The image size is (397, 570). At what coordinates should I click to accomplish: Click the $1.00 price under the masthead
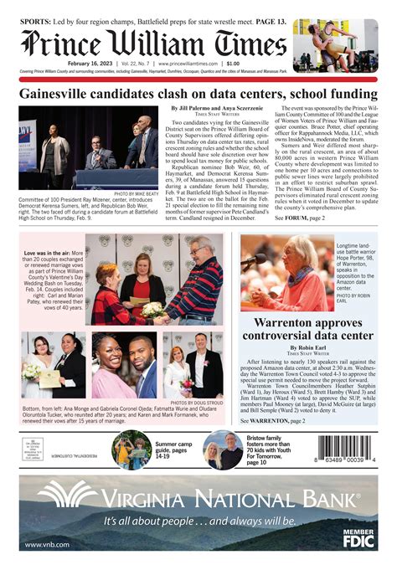[232, 64]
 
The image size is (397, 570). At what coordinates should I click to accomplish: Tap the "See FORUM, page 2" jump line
[301, 218]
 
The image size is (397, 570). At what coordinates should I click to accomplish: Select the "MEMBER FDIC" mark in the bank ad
[358, 537]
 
